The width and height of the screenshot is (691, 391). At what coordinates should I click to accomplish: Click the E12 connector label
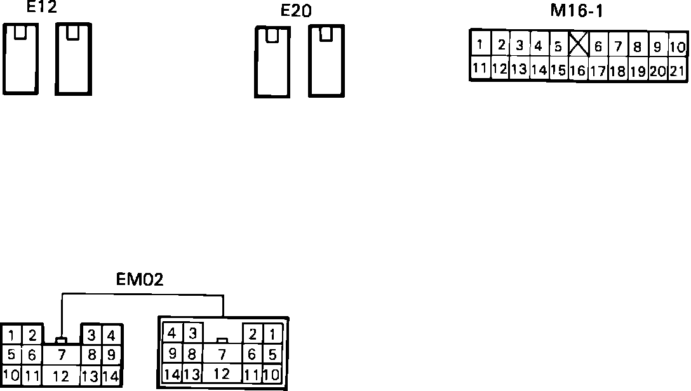[x=41, y=8]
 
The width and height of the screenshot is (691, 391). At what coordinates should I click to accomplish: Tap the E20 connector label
[x=296, y=11]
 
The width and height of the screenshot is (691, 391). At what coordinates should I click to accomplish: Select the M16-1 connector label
[x=576, y=11]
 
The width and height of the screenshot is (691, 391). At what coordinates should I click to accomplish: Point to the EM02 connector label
[x=140, y=279]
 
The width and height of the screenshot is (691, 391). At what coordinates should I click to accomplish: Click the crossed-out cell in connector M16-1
[x=578, y=44]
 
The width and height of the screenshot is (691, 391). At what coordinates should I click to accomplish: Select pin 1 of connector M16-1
[x=480, y=44]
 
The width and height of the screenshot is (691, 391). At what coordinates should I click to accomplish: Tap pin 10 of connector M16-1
[x=678, y=46]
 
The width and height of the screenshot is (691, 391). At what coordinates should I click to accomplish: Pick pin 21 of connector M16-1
[x=678, y=70]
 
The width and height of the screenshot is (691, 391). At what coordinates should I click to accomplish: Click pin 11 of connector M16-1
[x=480, y=68]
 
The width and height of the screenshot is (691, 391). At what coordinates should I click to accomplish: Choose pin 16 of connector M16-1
[x=577, y=70]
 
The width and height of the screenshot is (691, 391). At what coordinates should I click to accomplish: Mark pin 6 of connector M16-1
[x=598, y=46]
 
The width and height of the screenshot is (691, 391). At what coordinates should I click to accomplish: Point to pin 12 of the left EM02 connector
[x=61, y=376]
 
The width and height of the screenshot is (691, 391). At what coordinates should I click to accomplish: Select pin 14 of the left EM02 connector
[x=111, y=375]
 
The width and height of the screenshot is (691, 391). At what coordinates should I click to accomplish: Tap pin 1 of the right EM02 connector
[x=272, y=333]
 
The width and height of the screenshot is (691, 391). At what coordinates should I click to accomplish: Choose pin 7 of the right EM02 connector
[x=222, y=354]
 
